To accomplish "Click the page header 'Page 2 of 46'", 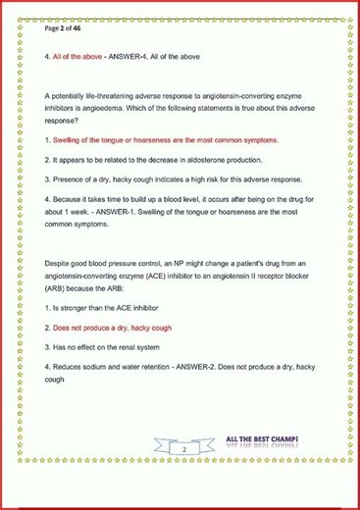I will coord(66,29).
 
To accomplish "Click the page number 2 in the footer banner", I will coord(182,448).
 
